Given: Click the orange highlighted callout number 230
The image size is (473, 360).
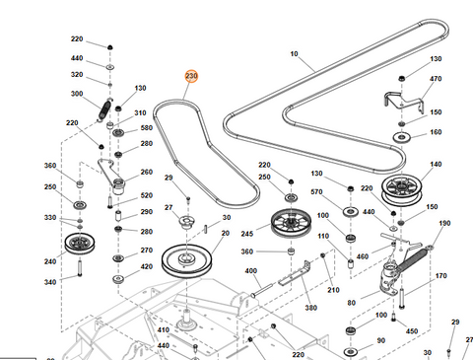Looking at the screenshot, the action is coord(191,76).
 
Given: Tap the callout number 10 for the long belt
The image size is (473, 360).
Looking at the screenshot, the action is coord(294,53).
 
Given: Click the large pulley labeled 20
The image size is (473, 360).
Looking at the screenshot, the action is coord(186,260).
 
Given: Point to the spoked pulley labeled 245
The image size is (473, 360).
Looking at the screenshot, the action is coord(291,222).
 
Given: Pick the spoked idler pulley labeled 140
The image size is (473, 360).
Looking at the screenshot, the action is coord(401,190).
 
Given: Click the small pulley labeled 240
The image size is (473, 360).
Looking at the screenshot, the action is coord(80,244).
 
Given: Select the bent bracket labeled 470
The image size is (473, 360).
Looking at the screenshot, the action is coord(404,102).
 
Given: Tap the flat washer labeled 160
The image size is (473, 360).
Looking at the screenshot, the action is coord(402,136).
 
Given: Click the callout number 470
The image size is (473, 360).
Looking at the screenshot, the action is coord(436,79).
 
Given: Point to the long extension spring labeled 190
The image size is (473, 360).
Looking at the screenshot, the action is coord(415,257).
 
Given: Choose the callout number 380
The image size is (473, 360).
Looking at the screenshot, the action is coord(310,308).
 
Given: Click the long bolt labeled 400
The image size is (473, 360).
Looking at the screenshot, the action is coord(262,290).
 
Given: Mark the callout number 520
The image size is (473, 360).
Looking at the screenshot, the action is coord(147,195).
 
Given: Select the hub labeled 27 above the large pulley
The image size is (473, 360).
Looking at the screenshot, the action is coord(187,221).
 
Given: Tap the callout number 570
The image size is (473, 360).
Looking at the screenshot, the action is coord(316,191).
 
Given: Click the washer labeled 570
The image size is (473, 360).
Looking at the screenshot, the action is coord(351,211).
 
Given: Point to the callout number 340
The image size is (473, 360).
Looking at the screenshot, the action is coord(50,282).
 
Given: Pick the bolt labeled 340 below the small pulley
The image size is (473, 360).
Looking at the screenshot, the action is coord(80,268).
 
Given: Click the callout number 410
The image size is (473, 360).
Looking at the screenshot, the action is coord(164,329).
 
